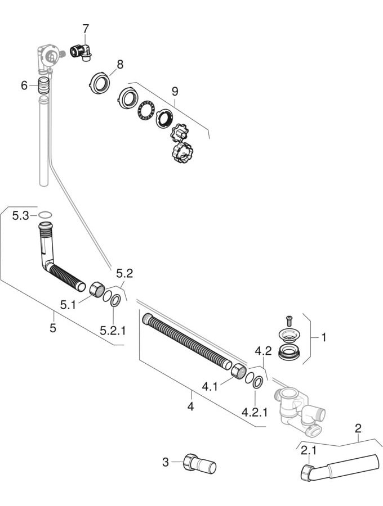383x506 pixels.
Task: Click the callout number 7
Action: click(86, 28)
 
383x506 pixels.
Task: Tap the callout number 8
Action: click(119, 65)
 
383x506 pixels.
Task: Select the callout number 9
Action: click(175, 90)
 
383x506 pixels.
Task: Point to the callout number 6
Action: click(24, 85)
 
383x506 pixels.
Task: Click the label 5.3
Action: click(20, 215)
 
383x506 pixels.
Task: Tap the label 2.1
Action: click(308, 450)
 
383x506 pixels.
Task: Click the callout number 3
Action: click(165, 462)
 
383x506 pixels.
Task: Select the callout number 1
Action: click(323, 337)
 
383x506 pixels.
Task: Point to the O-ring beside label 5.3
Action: click(46, 215)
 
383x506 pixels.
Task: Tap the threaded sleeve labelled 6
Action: click(43, 87)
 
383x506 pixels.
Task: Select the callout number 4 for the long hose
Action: click(190, 406)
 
